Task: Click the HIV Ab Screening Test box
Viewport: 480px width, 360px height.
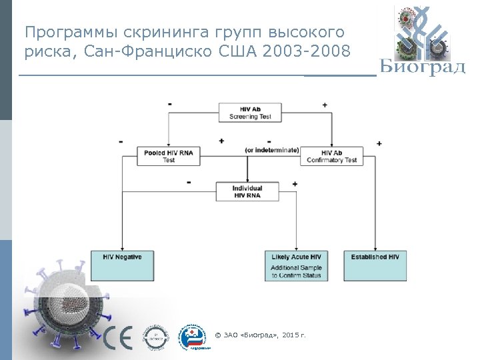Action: tap(250, 113)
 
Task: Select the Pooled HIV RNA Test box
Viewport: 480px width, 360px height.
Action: tap(168, 156)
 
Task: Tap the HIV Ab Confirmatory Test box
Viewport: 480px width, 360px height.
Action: tap(331, 156)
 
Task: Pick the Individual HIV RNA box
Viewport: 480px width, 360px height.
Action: tap(247, 191)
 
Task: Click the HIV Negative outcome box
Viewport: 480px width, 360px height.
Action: tap(122, 265)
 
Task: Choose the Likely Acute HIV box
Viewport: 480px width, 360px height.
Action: tap(296, 265)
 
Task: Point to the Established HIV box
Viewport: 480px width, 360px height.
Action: tap(375, 265)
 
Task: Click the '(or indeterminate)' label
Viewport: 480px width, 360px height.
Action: tap(272, 150)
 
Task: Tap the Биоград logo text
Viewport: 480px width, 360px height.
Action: tap(422, 67)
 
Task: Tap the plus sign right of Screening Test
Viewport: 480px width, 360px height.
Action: tap(325, 105)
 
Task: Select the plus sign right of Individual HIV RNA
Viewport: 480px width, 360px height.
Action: tap(295, 183)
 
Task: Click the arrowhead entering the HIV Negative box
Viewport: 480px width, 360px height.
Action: tap(122, 248)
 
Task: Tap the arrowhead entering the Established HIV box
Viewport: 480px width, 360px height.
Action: tap(375, 248)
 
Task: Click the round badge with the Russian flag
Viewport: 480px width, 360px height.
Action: tap(195, 337)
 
